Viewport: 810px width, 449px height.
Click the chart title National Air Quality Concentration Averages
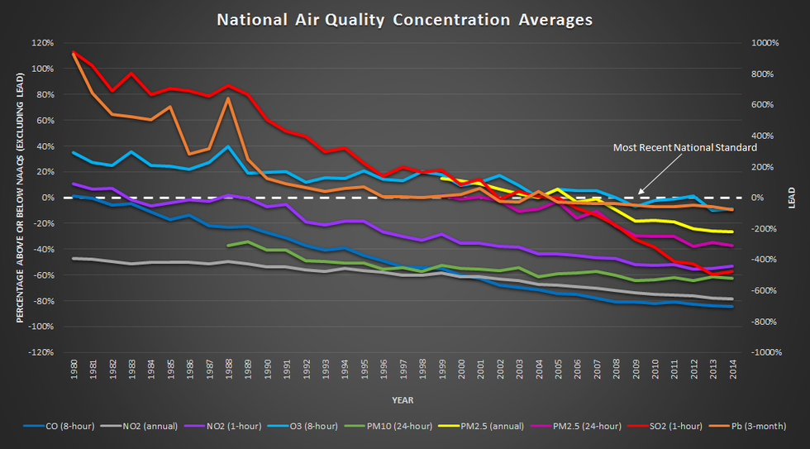tap(404, 20)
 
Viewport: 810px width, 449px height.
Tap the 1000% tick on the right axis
tap(760, 43)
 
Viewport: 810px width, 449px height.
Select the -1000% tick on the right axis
tap(762, 352)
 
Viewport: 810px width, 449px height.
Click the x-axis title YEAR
tap(403, 400)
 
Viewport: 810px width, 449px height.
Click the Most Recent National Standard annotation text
tap(684, 148)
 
